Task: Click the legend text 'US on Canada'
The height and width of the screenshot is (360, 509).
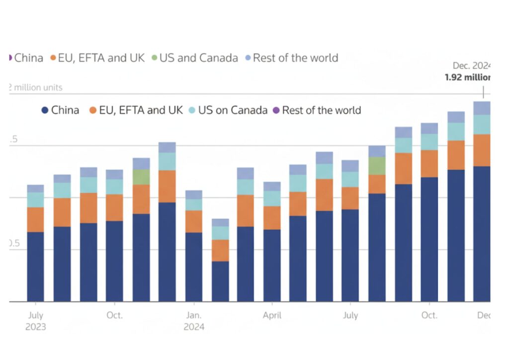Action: pyautogui.click(x=233, y=110)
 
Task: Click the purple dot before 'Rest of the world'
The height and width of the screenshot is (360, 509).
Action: pyautogui.click(x=276, y=110)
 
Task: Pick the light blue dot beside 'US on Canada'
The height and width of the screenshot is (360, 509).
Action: pyautogui.click(x=192, y=110)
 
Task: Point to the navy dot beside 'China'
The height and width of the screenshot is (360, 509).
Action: pyautogui.click(x=45, y=110)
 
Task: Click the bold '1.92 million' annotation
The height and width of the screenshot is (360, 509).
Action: pyautogui.click(x=467, y=78)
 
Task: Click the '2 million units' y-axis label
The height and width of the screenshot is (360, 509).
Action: pyautogui.click(x=36, y=88)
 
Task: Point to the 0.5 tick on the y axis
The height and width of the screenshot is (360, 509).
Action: pyautogui.click(x=13, y=244)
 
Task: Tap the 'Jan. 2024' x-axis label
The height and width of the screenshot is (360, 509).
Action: pyautogui.click(x=193, y=321)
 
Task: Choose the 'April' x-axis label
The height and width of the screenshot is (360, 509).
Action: pyautogui.click(x=272, y=315)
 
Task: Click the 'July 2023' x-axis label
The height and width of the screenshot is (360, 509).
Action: pyautogui.click(x=35, y=321)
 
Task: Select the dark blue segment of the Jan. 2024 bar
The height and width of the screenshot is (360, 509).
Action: pyautogui.click(x=193, y=267)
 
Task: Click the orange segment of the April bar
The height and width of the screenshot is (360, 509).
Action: pyautogui.click(x=272, y=217)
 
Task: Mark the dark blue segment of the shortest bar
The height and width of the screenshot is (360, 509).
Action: pyautogui.click(x=220, y=281)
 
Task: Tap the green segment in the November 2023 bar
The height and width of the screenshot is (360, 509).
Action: pyautogui.click(x=141, y=177)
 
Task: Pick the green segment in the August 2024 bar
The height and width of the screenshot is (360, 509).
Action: pyautogui.click(x=377, y=166)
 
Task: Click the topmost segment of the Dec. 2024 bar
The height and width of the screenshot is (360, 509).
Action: pyautogui.click(x=481, y=108)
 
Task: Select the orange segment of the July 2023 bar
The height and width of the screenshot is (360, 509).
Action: pyautogui.click(x=35, y=219)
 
